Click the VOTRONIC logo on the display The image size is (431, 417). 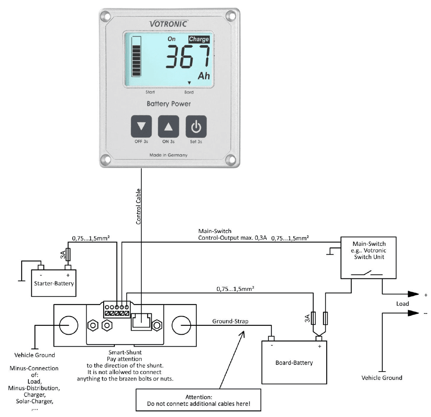[168, 24]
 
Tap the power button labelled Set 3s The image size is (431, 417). [195, 127]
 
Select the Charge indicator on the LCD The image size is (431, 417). [199, 39]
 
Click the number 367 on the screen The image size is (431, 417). [188, 57]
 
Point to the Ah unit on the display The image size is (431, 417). [203, 76]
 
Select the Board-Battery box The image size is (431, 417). [295, 362]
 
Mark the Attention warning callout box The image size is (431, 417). [198, 400]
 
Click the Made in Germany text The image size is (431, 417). [169, 155]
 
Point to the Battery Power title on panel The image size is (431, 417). [169, 104]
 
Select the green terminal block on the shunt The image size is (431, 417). [117, 310]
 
